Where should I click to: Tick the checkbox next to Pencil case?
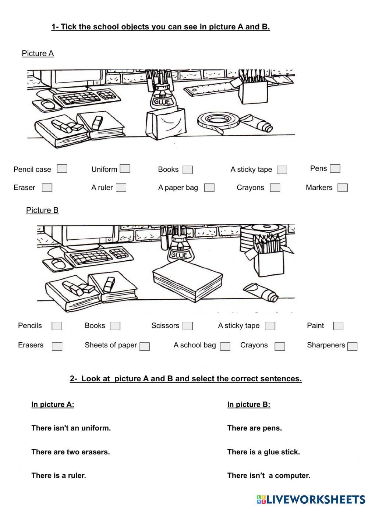coord(62,169)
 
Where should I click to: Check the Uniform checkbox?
coord(125,169)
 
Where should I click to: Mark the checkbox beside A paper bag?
coord(209,188)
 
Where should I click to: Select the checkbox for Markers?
coord(342,188)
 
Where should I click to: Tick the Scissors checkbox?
coord(188,326)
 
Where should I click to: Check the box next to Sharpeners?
coord(352,346)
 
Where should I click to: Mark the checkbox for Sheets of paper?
coord(145,346)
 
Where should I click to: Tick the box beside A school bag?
coord(225,346)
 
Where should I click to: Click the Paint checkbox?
coord(338,326)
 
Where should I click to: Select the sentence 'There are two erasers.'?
coord(71,452)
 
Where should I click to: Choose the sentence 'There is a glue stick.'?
coord(263,452)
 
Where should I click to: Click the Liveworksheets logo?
coord(311,499)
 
